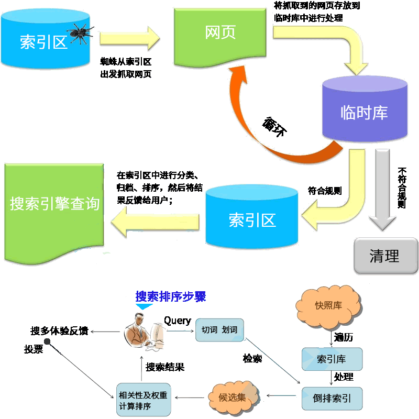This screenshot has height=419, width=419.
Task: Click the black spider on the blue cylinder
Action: click(x=80, y=33)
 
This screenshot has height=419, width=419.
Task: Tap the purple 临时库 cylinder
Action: click(x=365, y=108)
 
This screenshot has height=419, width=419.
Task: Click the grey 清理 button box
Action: click(x=385, y=256)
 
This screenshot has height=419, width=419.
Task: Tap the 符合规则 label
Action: click(x=325, y=191)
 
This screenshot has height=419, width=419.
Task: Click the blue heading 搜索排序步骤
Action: click(x=171, y=296)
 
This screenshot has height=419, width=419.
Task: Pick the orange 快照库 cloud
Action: click(x=329, y=306)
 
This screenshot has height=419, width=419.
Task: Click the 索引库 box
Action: click(x=332, y=359)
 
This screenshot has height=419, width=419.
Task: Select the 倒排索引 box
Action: click(x=332, y=398)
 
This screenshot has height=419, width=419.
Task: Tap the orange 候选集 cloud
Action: click(x=233, y=398)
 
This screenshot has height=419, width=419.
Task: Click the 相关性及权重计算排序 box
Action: click(x=144, y=400)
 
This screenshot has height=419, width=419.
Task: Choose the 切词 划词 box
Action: click(x=219, y=330)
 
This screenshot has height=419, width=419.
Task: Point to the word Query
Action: click(x=178, y=321)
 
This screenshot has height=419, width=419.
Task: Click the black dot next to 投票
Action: click(x=47, y=341)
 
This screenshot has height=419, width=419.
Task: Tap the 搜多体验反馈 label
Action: click(x=59, y=331)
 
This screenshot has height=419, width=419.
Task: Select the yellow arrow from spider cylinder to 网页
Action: click(x=130, y=38)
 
